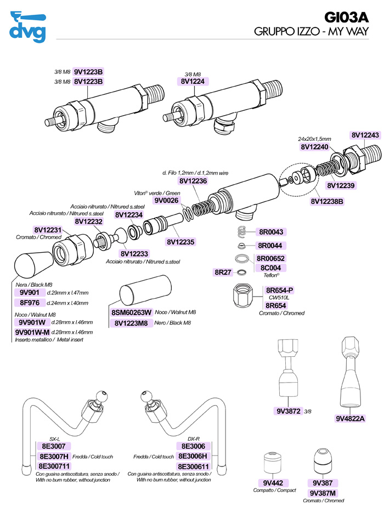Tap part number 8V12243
[x=365, y=135]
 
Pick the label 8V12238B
[x=327, y=201]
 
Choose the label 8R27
[x=223, y=272]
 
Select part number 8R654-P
[x=280, y=290]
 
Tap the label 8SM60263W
[x=132, y=312]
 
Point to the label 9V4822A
[x=350, y=418]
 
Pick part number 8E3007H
[x=53, y=456]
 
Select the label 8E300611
[x=194, y=465]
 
